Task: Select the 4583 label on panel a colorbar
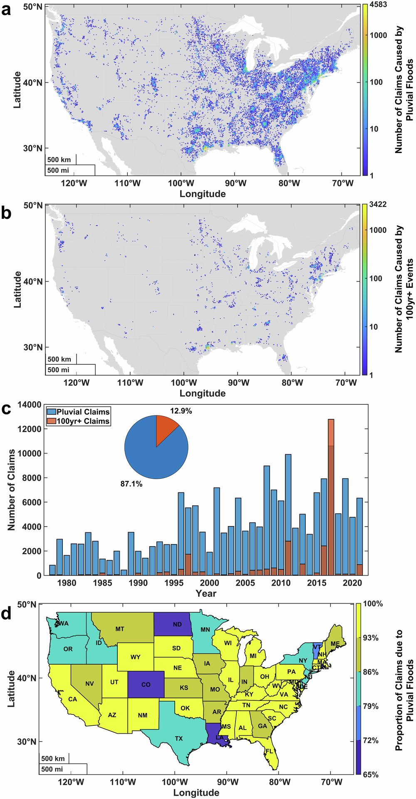(379, 5)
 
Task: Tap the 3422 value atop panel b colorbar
(378, 204)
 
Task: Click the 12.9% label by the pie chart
(181, 411)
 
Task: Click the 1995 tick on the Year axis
(173, 583)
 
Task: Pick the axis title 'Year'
(206, 594)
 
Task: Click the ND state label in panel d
(177, 624)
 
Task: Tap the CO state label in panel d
(146, 684)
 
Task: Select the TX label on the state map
(179, 738)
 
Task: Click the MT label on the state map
(120, 629)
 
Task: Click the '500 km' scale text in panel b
(59, 359)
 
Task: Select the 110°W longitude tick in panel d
(123, 782)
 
